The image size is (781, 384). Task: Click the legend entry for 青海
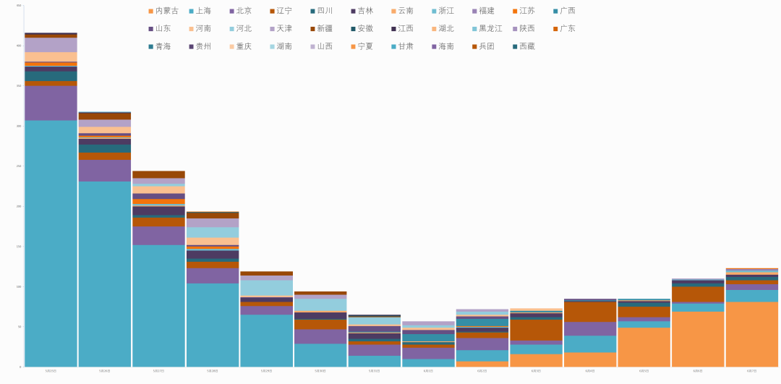point(163,46)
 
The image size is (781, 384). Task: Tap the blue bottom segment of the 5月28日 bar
point(212,325)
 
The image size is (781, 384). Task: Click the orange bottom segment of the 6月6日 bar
point(697,339)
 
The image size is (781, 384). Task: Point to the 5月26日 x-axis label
point(105,371)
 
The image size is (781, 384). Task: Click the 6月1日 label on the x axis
point(427,371)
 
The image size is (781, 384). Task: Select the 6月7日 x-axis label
point(751,371)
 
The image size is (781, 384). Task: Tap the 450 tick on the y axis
point(18,6)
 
